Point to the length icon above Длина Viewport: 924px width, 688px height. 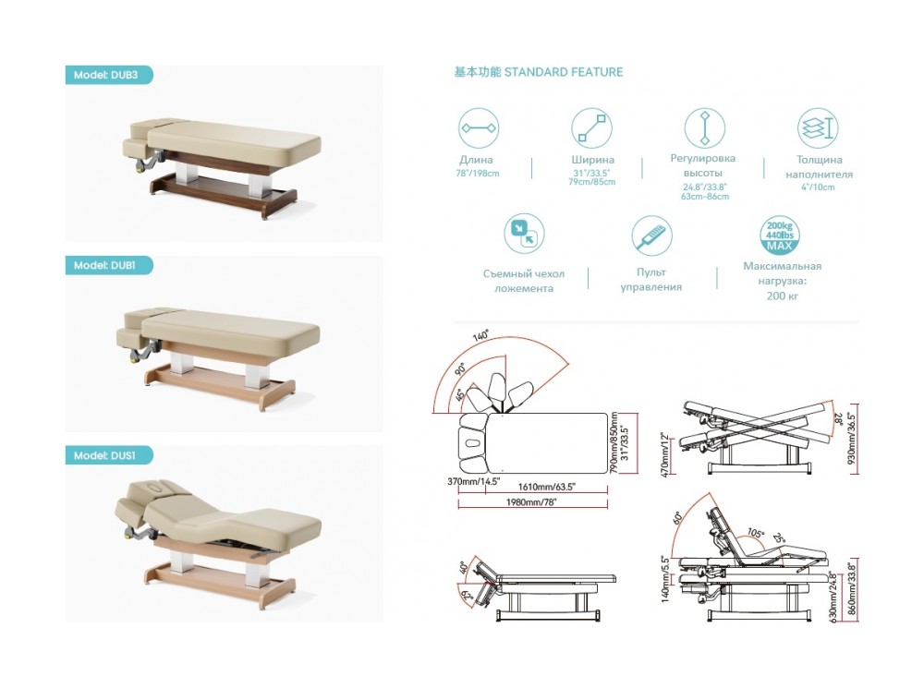click(x=479, y=127)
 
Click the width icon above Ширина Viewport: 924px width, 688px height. click(x=591, y=127)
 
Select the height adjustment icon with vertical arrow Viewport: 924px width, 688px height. click(x=704, y=127)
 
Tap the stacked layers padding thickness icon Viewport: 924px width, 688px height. click(x=818, y=127)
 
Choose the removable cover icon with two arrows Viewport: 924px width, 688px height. click(x=524, y=234)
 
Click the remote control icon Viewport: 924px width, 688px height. click(x=651, y=235)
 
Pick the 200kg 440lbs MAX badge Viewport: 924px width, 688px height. click(x=780, y=235)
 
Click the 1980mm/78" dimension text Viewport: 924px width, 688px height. click(x=531, y=502)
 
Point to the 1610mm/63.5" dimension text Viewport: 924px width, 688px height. click(x=546, y=487)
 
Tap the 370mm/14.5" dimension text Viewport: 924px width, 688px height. click(x=473, y=482)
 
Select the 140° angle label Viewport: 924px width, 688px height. click(x=480, y=336)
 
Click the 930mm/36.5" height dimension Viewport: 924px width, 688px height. click(x=852, y=439)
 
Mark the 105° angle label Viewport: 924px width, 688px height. click(x=755, y=533)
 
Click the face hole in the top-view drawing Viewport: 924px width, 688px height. click(x=473, y=442)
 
